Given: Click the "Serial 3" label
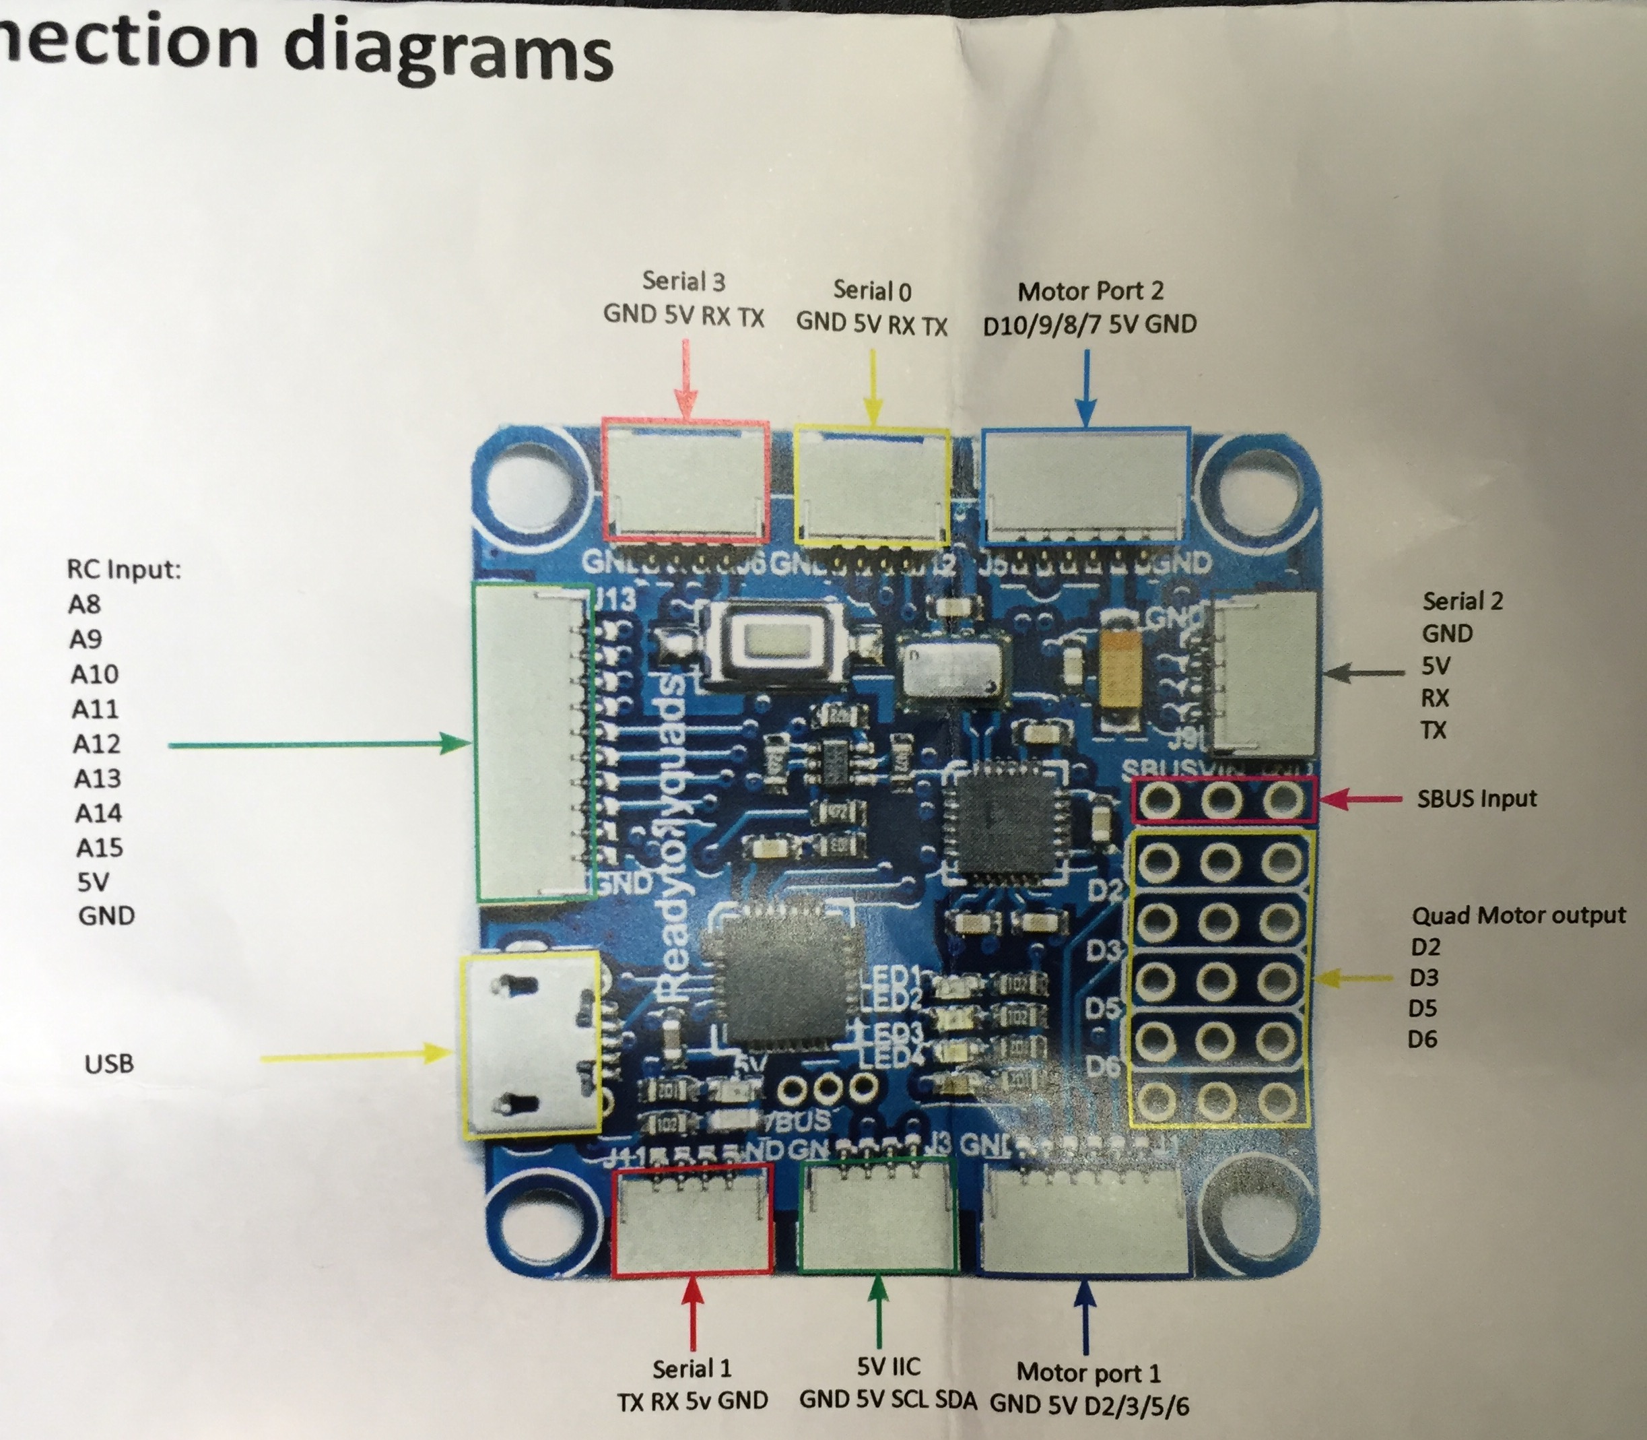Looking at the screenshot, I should click(x=683, y=282).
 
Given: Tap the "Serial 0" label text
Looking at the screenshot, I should click(x=872, y=290).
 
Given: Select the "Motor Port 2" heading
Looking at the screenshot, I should click(x=1090, y=291).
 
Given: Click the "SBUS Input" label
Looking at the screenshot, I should click(x=1477, y=799).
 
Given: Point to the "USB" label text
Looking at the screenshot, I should click(x=109, y=1064).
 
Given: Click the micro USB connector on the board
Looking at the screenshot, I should click(x=529, y=1044).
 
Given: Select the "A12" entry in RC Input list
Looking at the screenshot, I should click(x=96, y=744).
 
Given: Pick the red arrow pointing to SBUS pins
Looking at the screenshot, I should click(x=1362, y=799).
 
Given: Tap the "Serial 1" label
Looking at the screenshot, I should click(x=692, y=1368).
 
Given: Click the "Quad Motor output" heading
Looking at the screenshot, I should click(x=1518, y=915).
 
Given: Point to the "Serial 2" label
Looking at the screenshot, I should click(x=1463, y=601).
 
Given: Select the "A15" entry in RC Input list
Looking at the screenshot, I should click(x=100, y=848).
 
